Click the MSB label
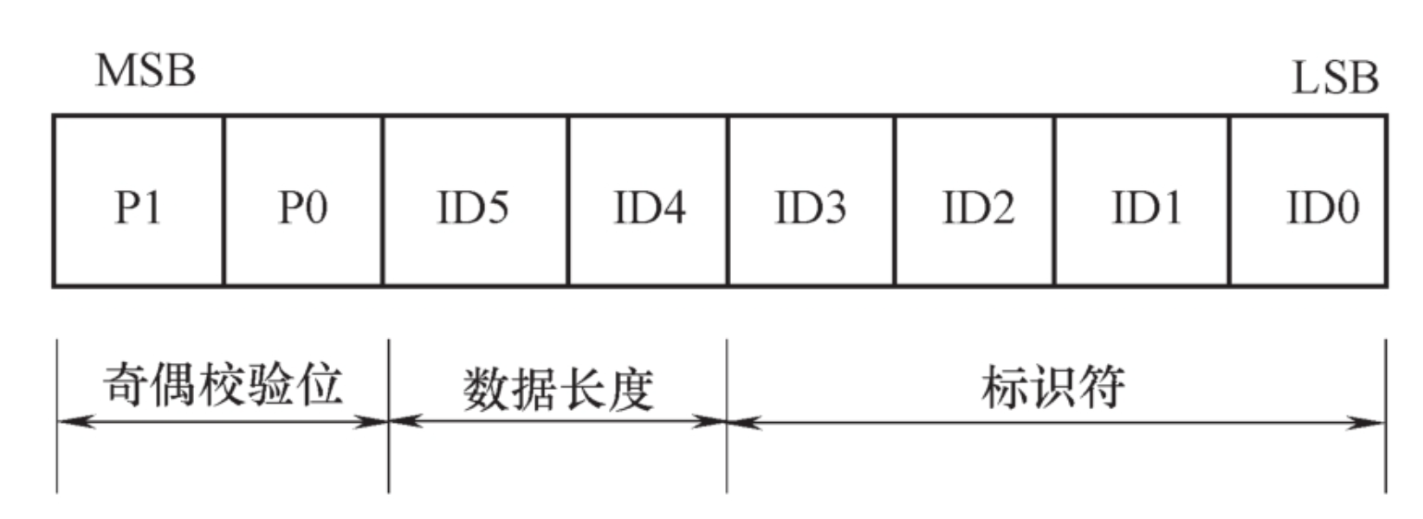coord(145,72)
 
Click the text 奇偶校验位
coord(222,385)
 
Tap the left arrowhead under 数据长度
coord(403,422)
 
